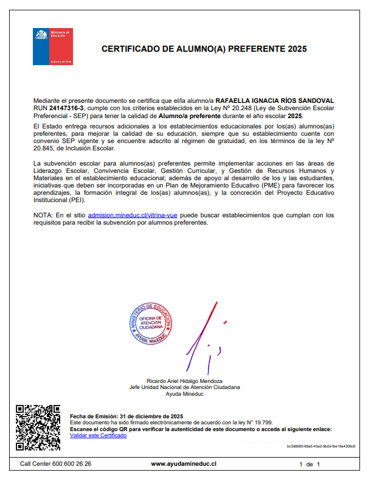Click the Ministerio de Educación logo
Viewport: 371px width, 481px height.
pos(52,46)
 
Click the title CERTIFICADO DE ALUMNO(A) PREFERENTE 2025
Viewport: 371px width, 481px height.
pos(204,49)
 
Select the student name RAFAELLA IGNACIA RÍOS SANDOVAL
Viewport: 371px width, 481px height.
pos(275,100)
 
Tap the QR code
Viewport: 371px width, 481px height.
pos(38,427)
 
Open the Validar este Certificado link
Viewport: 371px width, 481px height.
pos(99,435)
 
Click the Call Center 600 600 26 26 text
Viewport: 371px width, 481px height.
pos(55,464)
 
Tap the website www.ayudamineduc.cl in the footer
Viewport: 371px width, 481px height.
pos(184,464)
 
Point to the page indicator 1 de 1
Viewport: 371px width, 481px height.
pos(309,464)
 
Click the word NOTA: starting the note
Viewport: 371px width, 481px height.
pos(43,215)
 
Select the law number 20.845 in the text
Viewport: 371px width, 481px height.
pos(43,148)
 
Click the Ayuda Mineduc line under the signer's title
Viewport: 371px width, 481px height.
pos(184,394)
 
